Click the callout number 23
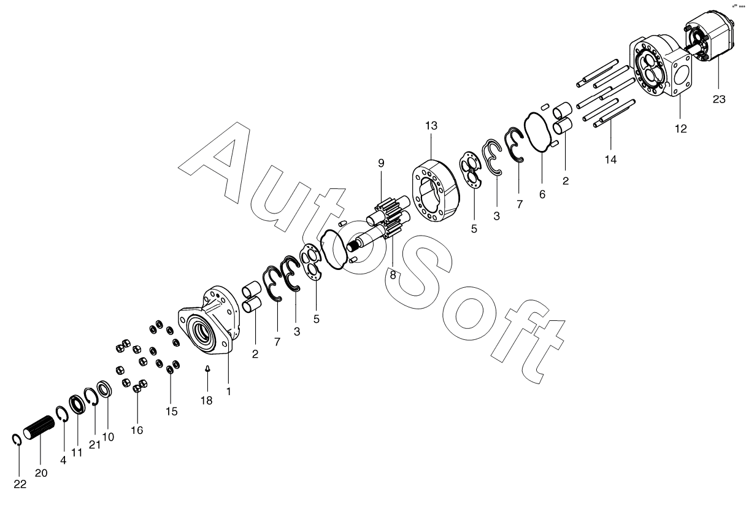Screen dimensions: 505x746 click(718, 99)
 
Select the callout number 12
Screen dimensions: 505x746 click(680, 129)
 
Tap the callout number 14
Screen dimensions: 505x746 click(610, 159)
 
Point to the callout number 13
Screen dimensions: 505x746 click(431, 126)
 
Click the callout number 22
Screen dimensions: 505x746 click(20, 484)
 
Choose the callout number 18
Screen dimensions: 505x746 click(206, 400)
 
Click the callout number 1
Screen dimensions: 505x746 click(228, 391)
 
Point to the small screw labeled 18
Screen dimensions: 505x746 click(207, 369)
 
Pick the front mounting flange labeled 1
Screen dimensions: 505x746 click(209, 324)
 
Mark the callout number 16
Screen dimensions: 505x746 click(137, 430)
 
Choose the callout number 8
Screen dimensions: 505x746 click(393, 276)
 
